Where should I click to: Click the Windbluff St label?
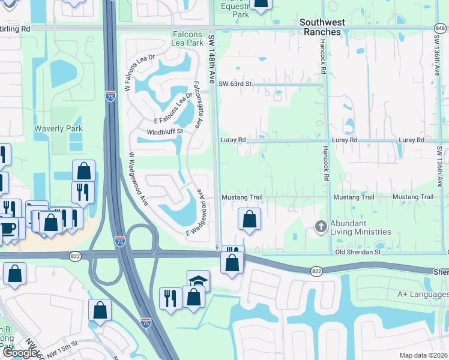[x=164, y=131]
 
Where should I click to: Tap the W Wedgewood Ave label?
[x=138, y=179]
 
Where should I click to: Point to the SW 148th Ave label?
[x=211, y=58]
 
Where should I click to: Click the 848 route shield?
[x=439, y=28]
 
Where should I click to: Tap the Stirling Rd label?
[x=16, y=28]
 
